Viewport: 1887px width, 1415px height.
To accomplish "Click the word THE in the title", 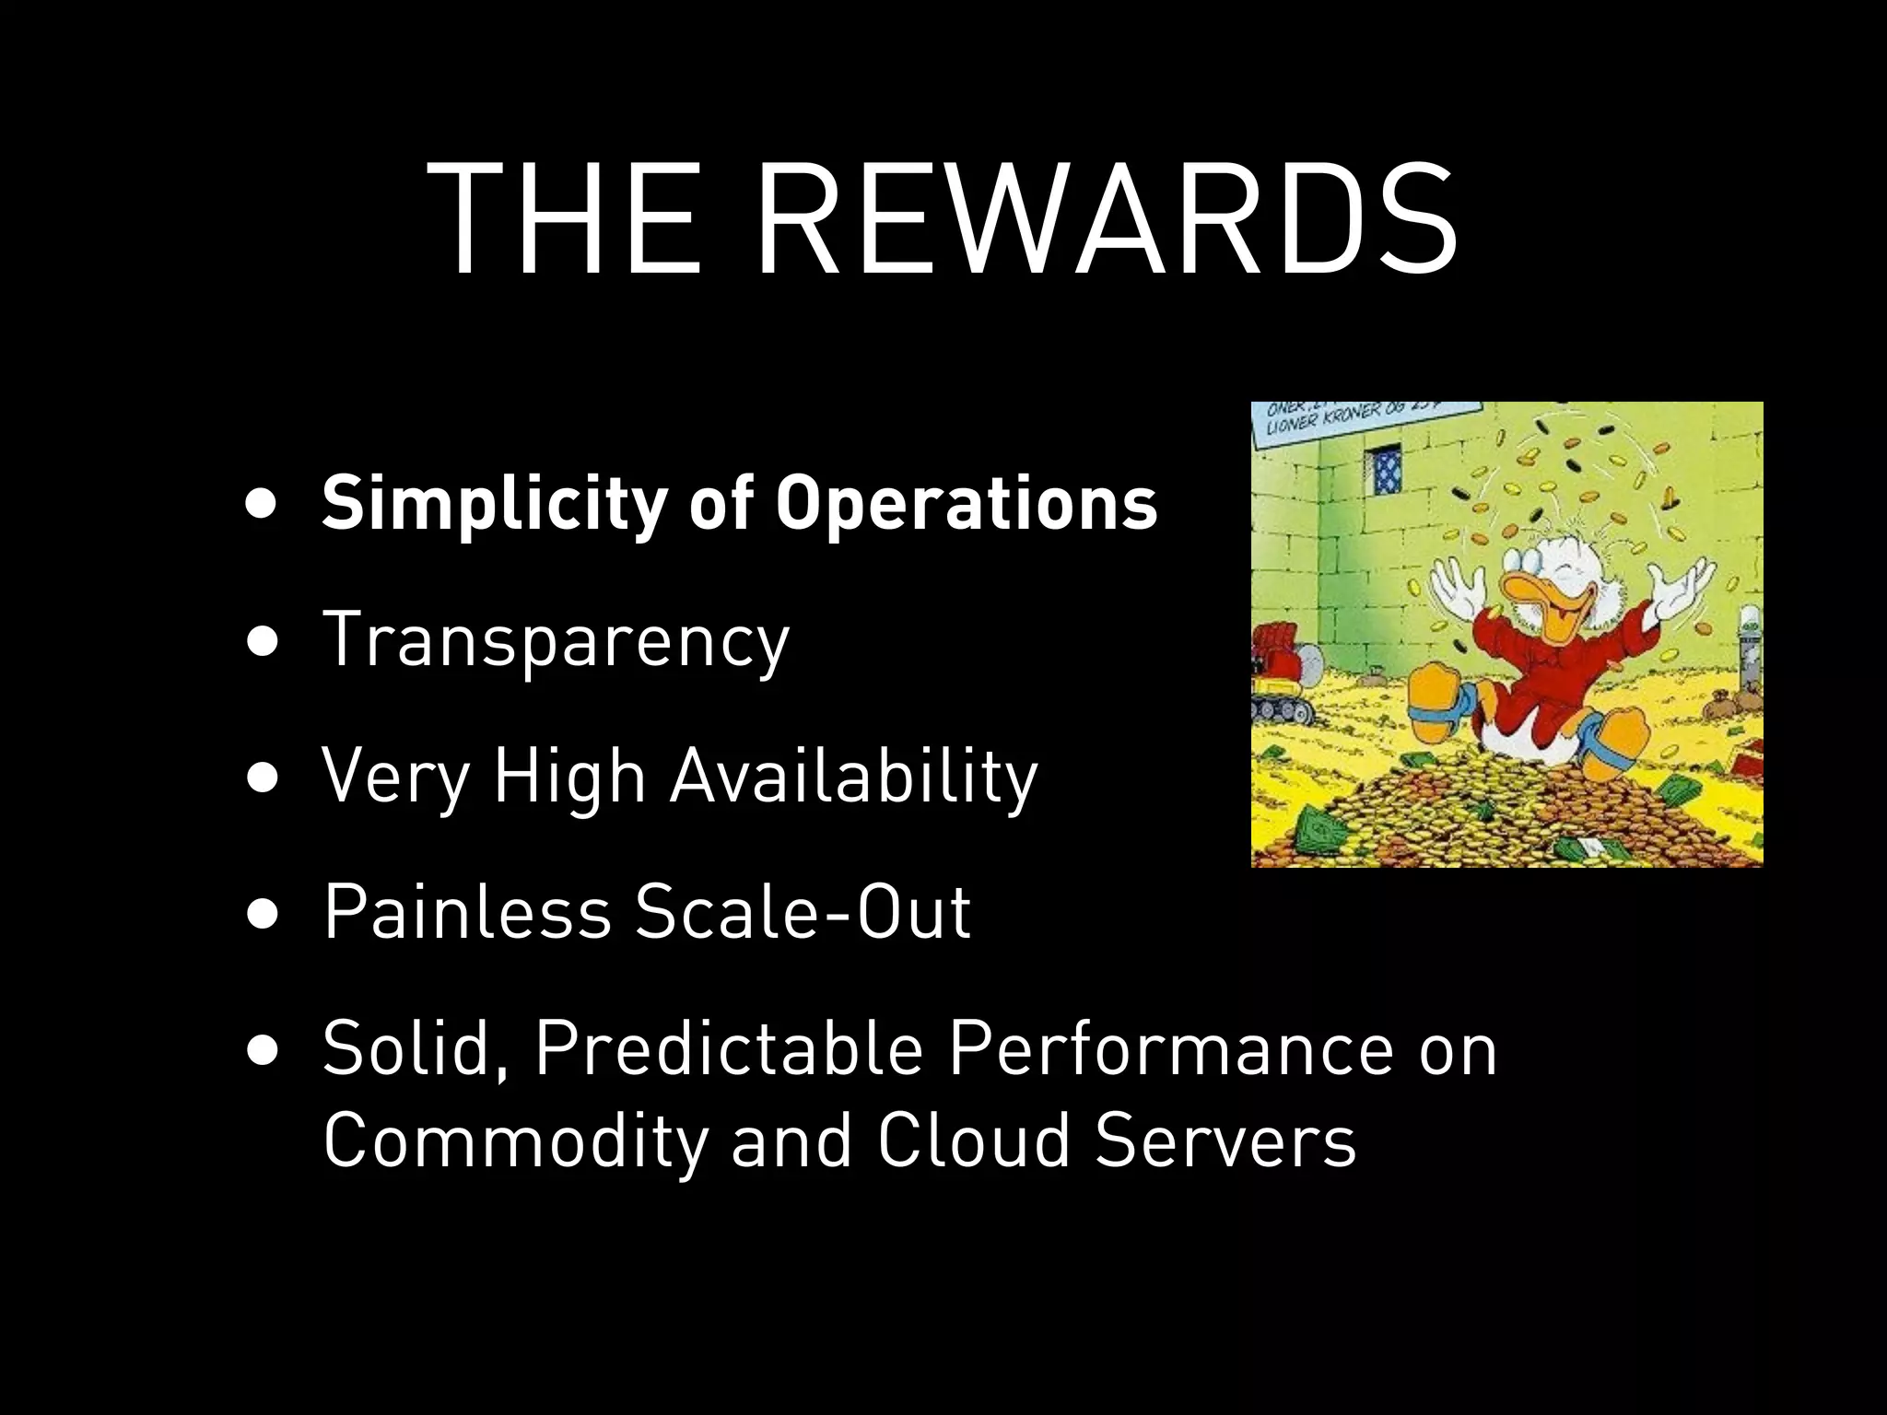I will [x=563, y=221].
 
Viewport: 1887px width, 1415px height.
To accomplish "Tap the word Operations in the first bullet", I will [x=966, y=505].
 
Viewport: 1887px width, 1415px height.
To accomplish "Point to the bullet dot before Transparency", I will [x=263, y=642].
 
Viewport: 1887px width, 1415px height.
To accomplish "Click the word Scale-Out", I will [x=803, y=912].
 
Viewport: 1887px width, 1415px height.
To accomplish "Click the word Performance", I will [x=1170, y=1049].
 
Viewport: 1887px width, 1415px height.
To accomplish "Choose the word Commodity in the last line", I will [x=515, y=1140].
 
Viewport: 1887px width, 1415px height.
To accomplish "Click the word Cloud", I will [x=973, y=1140].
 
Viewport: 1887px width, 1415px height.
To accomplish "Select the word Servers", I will [x=1226, y=1140].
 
